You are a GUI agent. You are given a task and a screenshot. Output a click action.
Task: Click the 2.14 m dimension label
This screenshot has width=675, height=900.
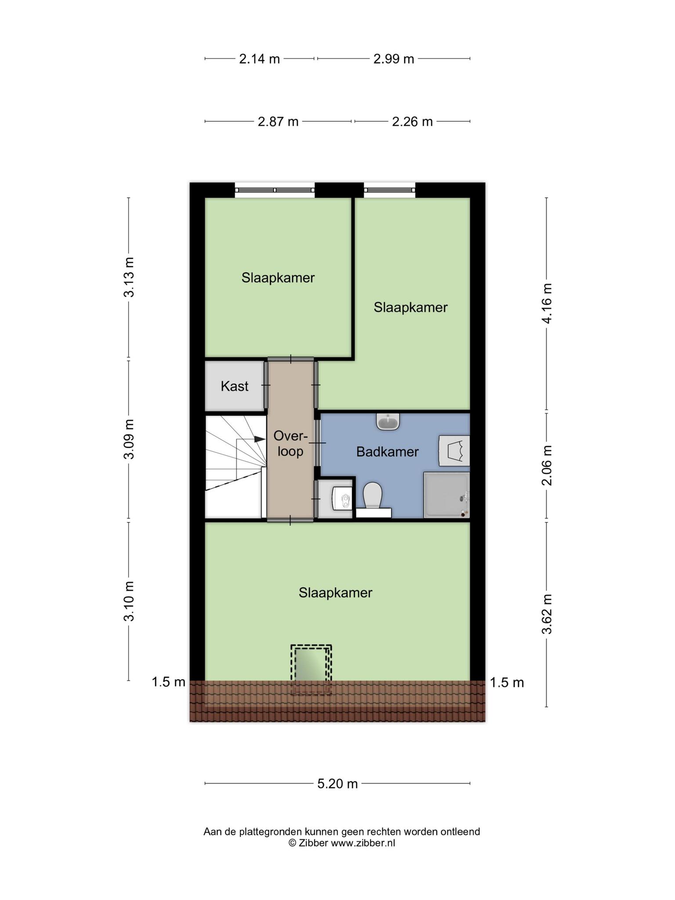click(259, 59)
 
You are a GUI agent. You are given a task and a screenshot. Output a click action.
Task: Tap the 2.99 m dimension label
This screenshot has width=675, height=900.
click(394, 59)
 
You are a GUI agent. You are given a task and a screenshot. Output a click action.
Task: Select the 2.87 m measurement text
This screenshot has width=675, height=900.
click(278, 122)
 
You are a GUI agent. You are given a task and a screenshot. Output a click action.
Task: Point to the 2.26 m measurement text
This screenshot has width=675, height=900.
click(412, 122)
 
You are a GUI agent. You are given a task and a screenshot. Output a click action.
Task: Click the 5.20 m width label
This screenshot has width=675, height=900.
click(337, 784)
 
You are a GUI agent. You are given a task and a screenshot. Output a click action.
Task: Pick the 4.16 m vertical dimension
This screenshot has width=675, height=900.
click(547, 304)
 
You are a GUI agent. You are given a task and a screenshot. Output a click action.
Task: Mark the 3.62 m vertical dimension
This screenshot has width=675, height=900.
click(547, 614)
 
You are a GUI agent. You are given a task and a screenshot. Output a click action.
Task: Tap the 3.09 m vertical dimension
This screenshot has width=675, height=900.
click(129, 439)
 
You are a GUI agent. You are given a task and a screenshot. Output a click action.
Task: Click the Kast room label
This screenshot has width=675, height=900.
click(235, 386)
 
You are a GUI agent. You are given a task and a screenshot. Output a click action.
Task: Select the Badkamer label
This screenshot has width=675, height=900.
click(388, 452)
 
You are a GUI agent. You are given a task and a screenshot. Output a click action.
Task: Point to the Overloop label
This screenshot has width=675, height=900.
click(290, 444)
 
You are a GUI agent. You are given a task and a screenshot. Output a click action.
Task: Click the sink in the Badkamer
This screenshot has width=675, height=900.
click(388, 421)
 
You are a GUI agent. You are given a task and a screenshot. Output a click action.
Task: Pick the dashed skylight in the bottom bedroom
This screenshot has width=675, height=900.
click(311, 670)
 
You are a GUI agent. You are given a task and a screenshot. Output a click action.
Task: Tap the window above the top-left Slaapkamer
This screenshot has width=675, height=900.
click(275, 190)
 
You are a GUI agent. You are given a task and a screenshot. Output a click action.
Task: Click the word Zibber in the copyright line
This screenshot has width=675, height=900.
click(313, 843)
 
